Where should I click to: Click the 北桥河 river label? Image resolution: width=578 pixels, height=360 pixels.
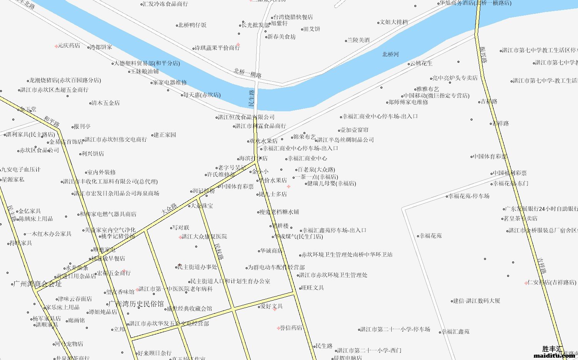click(390, 55)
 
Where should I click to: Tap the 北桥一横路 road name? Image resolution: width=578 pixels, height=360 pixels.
click(247, 73)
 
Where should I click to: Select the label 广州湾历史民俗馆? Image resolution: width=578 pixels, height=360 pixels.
click(136, 304)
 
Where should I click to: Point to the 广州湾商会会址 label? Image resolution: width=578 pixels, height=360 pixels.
click(37, 284)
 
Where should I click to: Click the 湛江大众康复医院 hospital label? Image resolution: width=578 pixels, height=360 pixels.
click(204, 236)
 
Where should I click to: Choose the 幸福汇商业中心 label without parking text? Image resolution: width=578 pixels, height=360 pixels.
click(307, 158)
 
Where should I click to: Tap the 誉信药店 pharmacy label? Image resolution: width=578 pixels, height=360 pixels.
click(291, 328)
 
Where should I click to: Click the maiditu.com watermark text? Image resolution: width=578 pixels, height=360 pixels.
click(554, 355)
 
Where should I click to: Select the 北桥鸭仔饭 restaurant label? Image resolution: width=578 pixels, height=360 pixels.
click(192, 25)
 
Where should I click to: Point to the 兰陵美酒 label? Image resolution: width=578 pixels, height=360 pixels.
click(358, 40)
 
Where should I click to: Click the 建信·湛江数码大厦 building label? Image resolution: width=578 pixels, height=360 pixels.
click(476, 301)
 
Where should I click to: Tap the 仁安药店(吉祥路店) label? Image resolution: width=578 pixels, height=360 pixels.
click(551, 282)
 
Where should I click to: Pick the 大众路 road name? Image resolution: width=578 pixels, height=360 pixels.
click(169, 209)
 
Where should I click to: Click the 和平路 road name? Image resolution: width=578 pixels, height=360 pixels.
click(52, 121)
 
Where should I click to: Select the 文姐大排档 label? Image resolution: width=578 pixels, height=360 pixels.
click(394, 22)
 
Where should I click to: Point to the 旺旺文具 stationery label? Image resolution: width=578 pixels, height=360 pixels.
click(312, 288)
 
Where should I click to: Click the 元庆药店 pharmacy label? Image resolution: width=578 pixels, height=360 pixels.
click(69, 45)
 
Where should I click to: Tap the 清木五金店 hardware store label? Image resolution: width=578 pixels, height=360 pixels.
click(105, 103)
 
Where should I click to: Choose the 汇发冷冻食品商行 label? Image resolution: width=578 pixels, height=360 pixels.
click(165, 4)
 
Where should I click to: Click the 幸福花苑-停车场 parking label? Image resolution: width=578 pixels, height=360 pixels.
click(469, 196)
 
